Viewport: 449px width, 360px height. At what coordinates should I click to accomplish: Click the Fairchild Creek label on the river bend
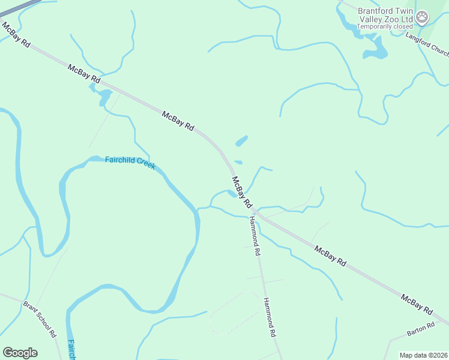point(130,162)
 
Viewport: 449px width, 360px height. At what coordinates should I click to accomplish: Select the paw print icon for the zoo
point(423,17)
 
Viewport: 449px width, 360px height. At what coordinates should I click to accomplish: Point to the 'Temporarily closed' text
point(385,26)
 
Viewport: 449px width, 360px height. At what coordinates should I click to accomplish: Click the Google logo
point(20,352)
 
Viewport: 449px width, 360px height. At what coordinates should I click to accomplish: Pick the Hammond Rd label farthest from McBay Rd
point(270,317)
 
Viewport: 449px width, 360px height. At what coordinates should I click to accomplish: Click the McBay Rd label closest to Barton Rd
point(417,305)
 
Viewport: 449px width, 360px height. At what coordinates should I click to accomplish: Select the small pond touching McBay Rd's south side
point(104,97)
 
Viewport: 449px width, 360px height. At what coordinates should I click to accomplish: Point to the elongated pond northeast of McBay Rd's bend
point(241,142)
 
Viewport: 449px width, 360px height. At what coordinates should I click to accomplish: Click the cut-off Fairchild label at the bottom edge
point(70,350)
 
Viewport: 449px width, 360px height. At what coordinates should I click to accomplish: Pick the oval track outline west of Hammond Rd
point(235,313)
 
